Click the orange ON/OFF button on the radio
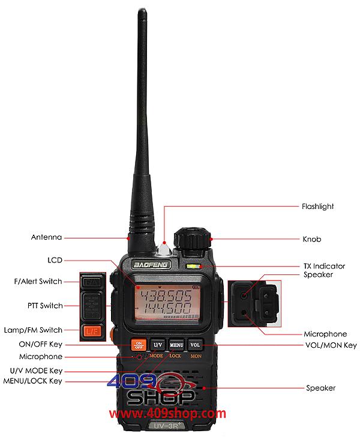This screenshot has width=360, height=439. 139,345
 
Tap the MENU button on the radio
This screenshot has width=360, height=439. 176,345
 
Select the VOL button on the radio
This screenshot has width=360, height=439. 195,345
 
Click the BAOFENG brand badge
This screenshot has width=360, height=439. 151,265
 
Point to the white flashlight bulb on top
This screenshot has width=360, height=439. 165,249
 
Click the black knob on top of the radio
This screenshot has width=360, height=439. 193,238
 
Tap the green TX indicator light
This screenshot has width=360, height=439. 193,266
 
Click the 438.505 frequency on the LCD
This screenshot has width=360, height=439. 166,295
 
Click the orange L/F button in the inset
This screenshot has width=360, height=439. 92,332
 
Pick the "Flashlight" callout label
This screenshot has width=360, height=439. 317,207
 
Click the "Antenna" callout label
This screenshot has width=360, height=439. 46,237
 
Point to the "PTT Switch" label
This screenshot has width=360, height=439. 45,306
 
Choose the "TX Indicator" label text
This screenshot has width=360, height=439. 324,266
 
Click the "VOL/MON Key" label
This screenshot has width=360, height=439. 331,345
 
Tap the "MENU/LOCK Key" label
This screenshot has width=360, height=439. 33,381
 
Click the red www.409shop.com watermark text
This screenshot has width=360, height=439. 167,413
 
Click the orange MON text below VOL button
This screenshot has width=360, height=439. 196,356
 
